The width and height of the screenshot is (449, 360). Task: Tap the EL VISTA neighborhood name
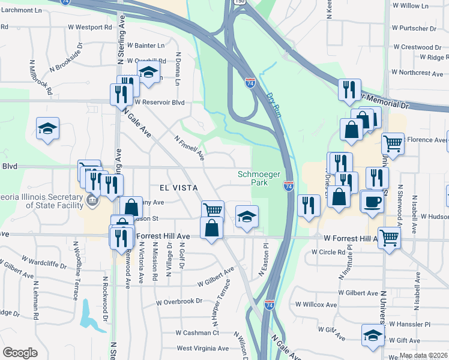coord(178,188)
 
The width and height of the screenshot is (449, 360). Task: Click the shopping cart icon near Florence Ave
coord(393,144)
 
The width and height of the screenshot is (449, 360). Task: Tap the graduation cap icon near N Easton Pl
coord(247,217)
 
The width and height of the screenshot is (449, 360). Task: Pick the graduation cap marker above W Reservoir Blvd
coord(148,73)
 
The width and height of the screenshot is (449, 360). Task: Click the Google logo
coord(20,353)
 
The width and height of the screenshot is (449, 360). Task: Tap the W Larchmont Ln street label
coord(24,11)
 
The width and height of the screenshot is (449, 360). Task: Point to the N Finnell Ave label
coord(190,148)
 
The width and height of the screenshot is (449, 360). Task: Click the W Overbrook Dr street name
coord(179,301)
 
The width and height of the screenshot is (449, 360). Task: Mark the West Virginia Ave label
coord(202,348)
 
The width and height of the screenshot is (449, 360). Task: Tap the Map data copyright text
coord(424,355)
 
